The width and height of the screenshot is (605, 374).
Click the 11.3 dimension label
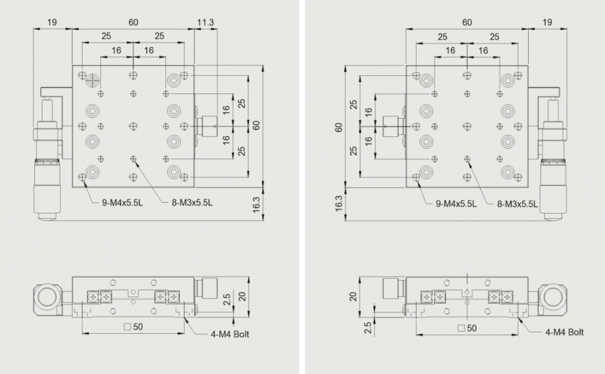205,22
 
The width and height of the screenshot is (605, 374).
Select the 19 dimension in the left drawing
52,22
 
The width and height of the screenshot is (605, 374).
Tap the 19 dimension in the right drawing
547,22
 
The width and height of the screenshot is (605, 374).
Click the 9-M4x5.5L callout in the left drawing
122,203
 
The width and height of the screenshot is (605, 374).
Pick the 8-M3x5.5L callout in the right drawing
517,204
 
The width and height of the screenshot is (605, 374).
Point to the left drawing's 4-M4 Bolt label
230,334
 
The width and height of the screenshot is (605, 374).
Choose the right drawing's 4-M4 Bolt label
564,332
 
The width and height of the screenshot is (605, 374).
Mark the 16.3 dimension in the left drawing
256,204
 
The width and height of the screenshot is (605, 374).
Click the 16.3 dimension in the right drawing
339,203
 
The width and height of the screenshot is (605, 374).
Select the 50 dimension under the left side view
134,327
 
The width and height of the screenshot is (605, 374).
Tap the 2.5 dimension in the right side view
367,328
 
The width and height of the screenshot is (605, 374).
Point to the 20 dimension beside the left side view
242,297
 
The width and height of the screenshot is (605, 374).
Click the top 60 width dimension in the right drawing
467,22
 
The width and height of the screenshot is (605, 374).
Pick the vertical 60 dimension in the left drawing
256,125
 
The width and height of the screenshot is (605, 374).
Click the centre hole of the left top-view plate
133,126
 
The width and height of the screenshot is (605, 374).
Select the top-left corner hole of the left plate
82,75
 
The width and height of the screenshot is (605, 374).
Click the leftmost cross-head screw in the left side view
93,297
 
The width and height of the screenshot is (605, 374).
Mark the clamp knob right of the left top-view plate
207,126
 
